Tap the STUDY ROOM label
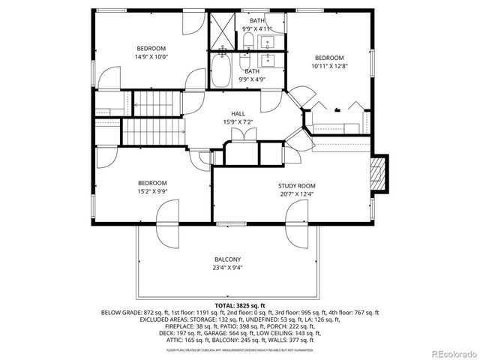(297, 185)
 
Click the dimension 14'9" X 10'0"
(151, 56)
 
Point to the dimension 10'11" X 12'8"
(329, 66)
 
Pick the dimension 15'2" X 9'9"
(151, 191)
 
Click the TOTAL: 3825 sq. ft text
(239, 306)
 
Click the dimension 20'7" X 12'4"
(297, 193)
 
